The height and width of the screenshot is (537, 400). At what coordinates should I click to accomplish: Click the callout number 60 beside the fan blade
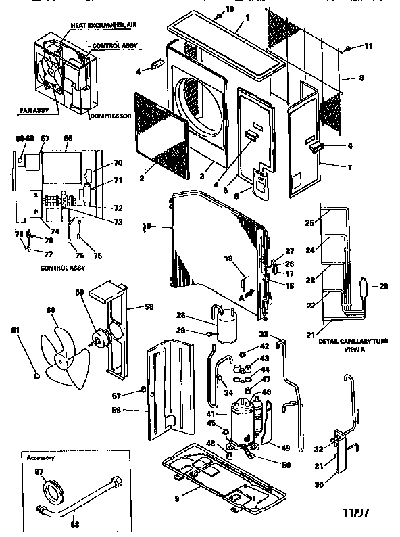coord(50,310)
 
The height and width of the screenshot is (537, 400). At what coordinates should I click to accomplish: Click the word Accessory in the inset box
coord(41,457)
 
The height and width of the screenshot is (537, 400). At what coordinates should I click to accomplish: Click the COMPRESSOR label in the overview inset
coord(109,116)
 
